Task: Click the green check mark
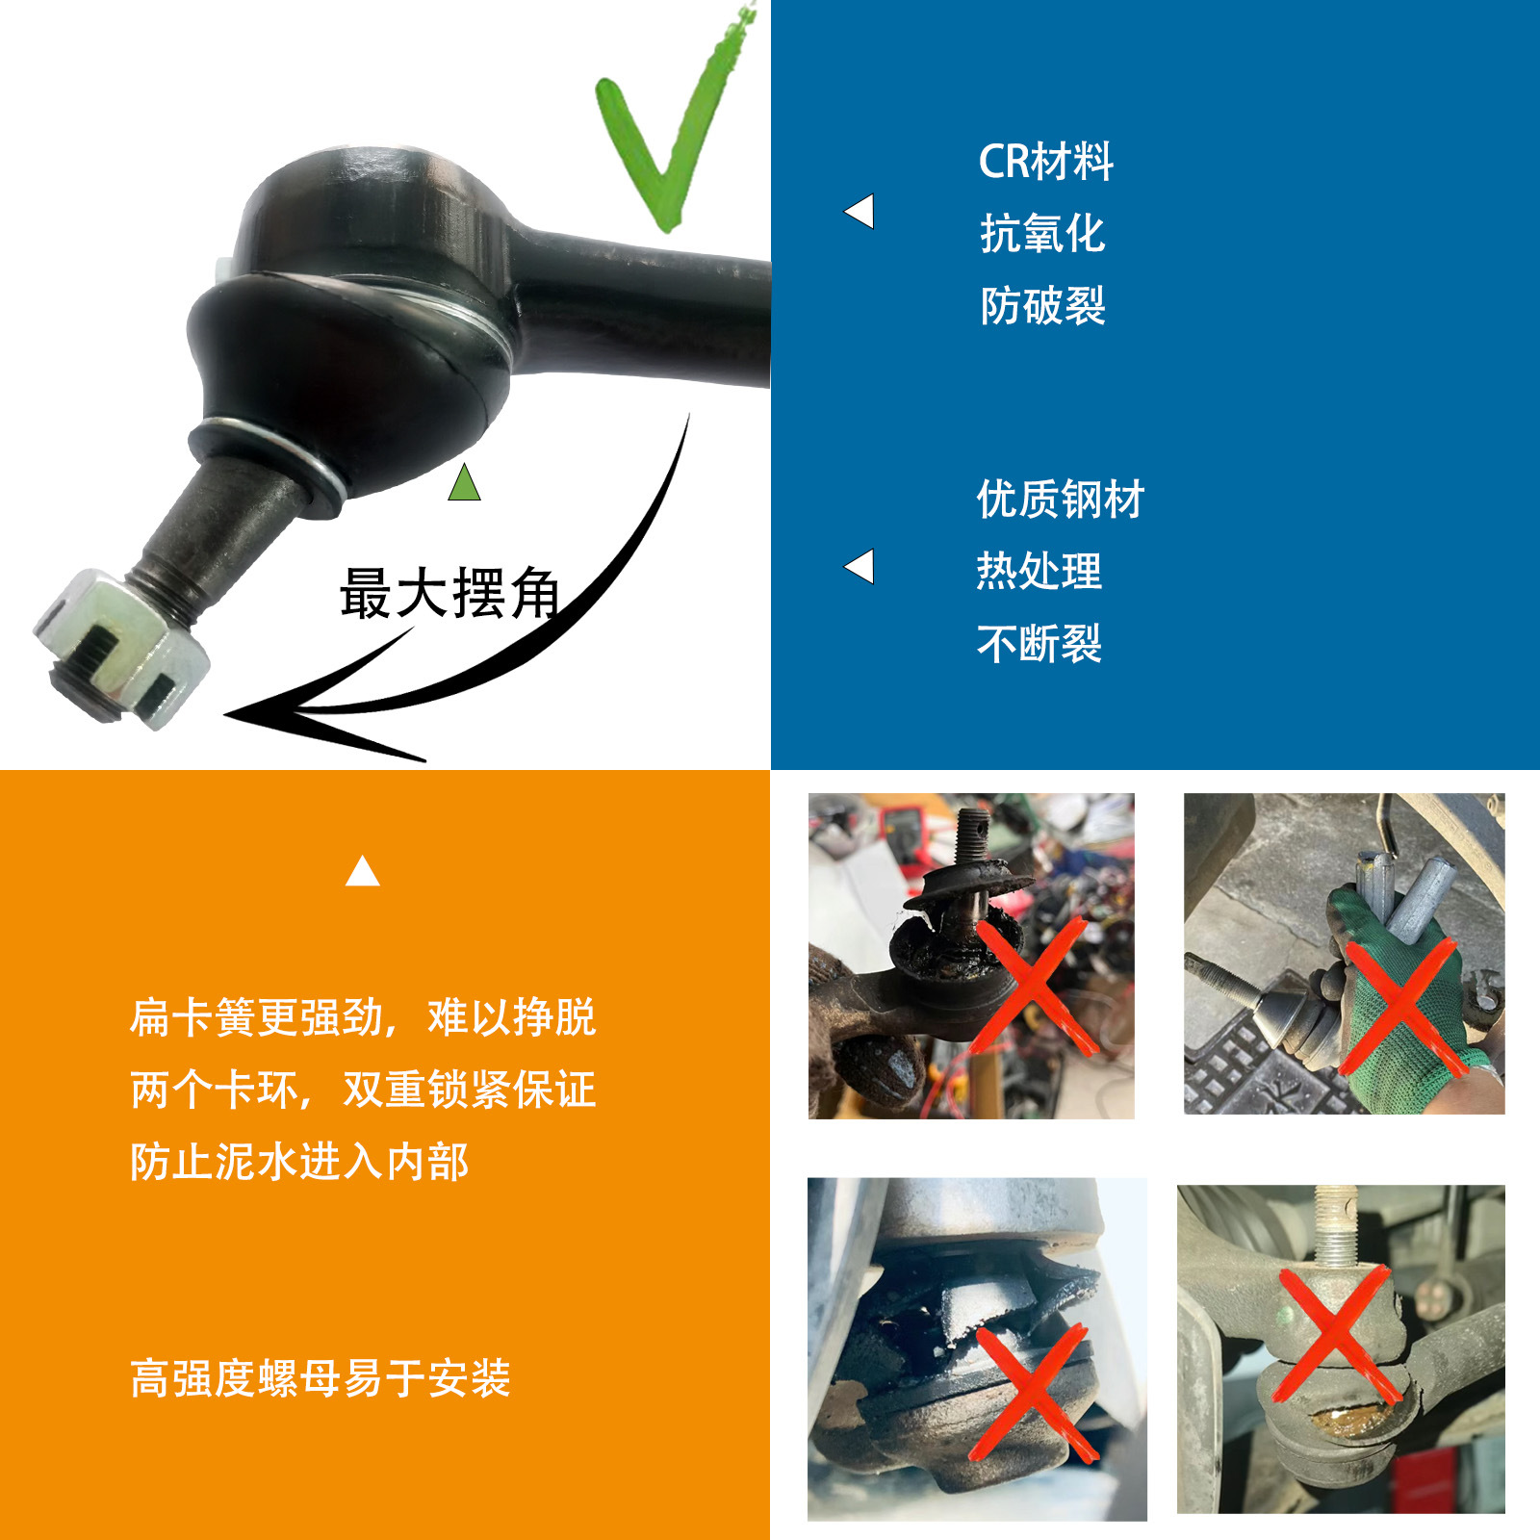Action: pos(664,144)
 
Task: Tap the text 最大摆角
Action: pos(449,593)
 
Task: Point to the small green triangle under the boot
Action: pos(464,484)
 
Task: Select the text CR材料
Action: pos(1045,162)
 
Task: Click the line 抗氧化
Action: pos(1041,234)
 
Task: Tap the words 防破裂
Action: pos(1042,306)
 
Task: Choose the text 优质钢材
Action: pos(1060,500)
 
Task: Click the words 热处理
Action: pos(1039,572)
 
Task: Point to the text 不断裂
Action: pos(1039,644)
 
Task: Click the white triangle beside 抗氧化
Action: pos(860,212)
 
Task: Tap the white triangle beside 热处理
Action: pos(860,567)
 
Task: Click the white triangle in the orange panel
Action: pos(362,871)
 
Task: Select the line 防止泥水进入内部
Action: pos(299,1162)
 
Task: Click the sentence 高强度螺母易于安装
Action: pos(320,1378)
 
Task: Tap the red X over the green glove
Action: pos(1400,1006)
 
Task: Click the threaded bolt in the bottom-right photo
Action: pos(1335,1227)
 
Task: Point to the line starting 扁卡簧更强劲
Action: pos(362,1017)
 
